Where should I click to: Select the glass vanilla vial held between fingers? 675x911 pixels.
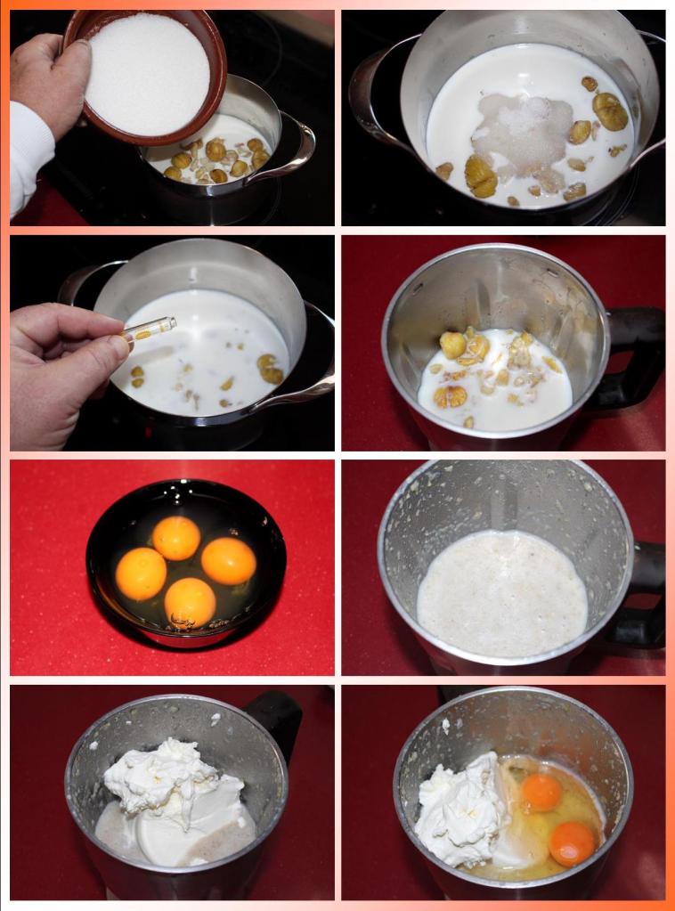point(151,329)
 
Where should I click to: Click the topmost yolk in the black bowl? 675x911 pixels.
point(176,538)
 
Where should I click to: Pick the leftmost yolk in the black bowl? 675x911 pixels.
point(141,573)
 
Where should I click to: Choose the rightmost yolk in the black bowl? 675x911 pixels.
point(229,561)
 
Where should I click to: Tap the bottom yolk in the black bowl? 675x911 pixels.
point(190,603)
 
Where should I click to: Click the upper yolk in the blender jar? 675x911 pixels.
point(541,792)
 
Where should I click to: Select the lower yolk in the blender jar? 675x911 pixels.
point(572,842)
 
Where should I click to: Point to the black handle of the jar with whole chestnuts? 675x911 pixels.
point(636,356)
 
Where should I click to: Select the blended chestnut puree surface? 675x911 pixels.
point(502,591)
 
